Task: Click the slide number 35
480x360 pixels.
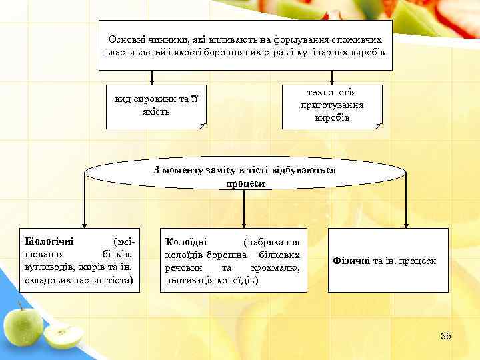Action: [446, 336]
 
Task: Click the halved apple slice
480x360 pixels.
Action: [64, 335]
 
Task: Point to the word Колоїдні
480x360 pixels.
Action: [186, 241]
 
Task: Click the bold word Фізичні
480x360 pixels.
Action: [351, 261]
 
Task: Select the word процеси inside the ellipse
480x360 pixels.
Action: [245, 183]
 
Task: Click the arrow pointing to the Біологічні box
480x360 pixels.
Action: [84, 222]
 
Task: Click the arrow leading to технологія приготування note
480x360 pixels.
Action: [333, 78]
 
